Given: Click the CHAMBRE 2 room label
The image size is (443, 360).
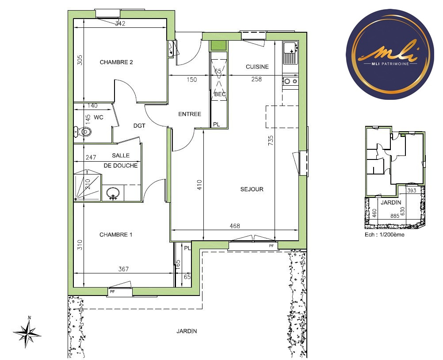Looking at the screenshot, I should [x=116, y=62].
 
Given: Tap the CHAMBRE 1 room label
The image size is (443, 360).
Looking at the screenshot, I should [x=116, y=235].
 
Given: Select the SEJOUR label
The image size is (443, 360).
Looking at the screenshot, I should [x=252, y=189].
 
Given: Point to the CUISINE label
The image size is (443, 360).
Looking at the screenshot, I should [x=257, y=67].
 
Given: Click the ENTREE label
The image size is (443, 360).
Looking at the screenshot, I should [x=190, y=114].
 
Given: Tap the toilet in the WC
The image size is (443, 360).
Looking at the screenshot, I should [x=84, y=131].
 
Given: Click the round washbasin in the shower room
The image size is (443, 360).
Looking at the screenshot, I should [x=113, y=193].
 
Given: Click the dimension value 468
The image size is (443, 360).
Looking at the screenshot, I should [x=235, y=226].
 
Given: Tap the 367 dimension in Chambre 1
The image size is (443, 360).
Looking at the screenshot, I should [x=123, y=269].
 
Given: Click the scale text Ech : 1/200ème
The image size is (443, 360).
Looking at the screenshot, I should [x=384, y=235].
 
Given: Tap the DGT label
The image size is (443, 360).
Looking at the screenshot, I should [x=139, y=125].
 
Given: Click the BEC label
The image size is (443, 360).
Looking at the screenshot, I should [x=220, y=94].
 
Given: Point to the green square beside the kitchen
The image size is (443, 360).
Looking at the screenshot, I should [x=217, y=45].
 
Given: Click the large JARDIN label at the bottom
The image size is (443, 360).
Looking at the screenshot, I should [x=187, y=331].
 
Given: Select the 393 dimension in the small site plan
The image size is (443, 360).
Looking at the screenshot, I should [x=412, y=191].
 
